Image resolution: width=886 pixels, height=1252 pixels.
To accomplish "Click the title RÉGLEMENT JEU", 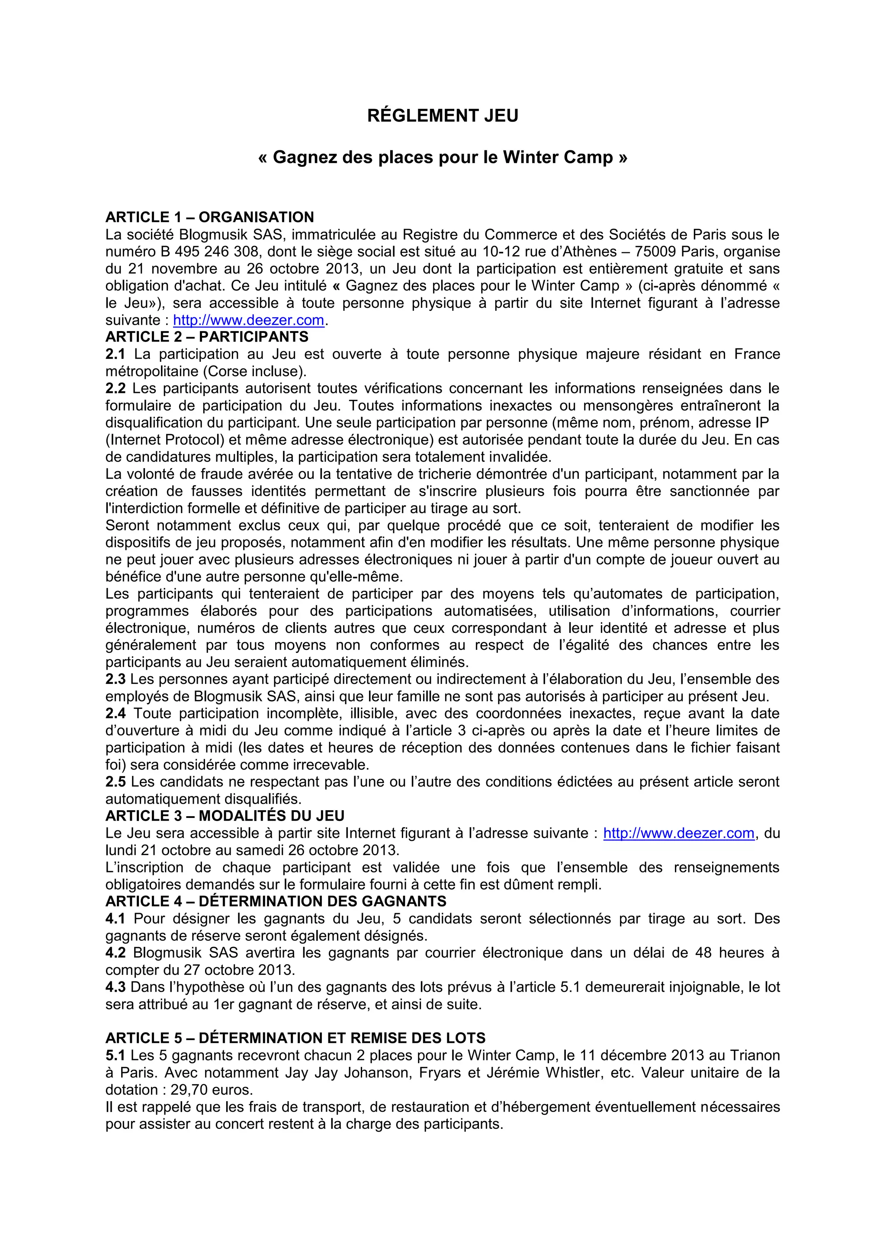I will [443, 115].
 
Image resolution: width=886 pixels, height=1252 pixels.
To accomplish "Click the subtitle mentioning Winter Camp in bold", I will [443, 158].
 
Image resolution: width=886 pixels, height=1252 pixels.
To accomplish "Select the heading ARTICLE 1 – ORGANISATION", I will [209, 217].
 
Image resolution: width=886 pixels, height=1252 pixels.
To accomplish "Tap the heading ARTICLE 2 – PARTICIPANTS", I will [207, 336].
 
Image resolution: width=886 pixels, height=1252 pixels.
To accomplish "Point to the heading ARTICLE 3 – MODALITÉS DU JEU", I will [225, 816].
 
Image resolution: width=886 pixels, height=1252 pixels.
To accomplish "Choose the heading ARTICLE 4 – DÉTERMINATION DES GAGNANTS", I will [276, 901].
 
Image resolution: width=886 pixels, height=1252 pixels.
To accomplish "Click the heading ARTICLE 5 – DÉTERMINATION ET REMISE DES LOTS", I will [295, 1038].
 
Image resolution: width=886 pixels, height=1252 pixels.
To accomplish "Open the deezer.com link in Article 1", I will [248, 320].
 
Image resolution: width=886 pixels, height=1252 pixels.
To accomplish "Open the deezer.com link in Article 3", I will [679, 833].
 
